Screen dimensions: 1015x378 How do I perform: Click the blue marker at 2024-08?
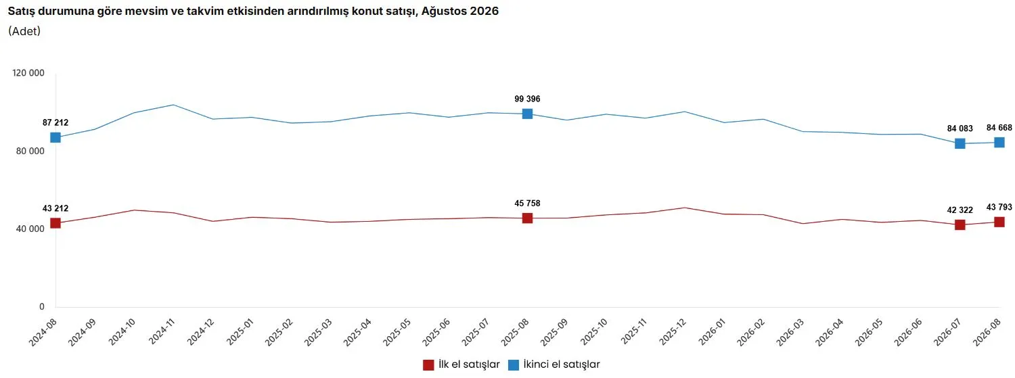click(x=55, y=137)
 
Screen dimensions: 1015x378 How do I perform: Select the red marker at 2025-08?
click(x=527, y=218)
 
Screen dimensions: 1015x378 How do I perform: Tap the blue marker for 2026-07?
click(x=960, y=143)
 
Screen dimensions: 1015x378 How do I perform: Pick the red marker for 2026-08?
click(x=999, y=222)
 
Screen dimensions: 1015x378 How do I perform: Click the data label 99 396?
click(x=527, y=99)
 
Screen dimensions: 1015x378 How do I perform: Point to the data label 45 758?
click(x=527, y=204)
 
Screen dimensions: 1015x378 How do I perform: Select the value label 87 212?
click(x=55, y=122)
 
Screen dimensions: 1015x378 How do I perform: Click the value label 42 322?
click(x=960, y=210)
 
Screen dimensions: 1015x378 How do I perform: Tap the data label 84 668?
click(x=999, y=128)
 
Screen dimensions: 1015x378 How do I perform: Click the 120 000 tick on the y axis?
click(x=28, y=73)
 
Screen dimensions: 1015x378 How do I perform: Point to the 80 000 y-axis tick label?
click(x=30, y=151)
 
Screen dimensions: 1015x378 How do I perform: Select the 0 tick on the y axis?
click(x=42, y=306)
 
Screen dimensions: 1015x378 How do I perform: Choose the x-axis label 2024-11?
click(x=162, y=331)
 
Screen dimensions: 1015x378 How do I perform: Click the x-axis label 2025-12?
click(x=673, y=331)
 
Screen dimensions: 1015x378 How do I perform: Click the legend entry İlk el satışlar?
click(x=461, y=364)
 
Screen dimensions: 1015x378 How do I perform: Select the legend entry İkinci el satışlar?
click(x=554, y=364)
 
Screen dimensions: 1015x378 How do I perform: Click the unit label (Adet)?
click(x=24, y=31)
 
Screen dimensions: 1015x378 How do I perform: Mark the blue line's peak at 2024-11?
click(x=173, y=105)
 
